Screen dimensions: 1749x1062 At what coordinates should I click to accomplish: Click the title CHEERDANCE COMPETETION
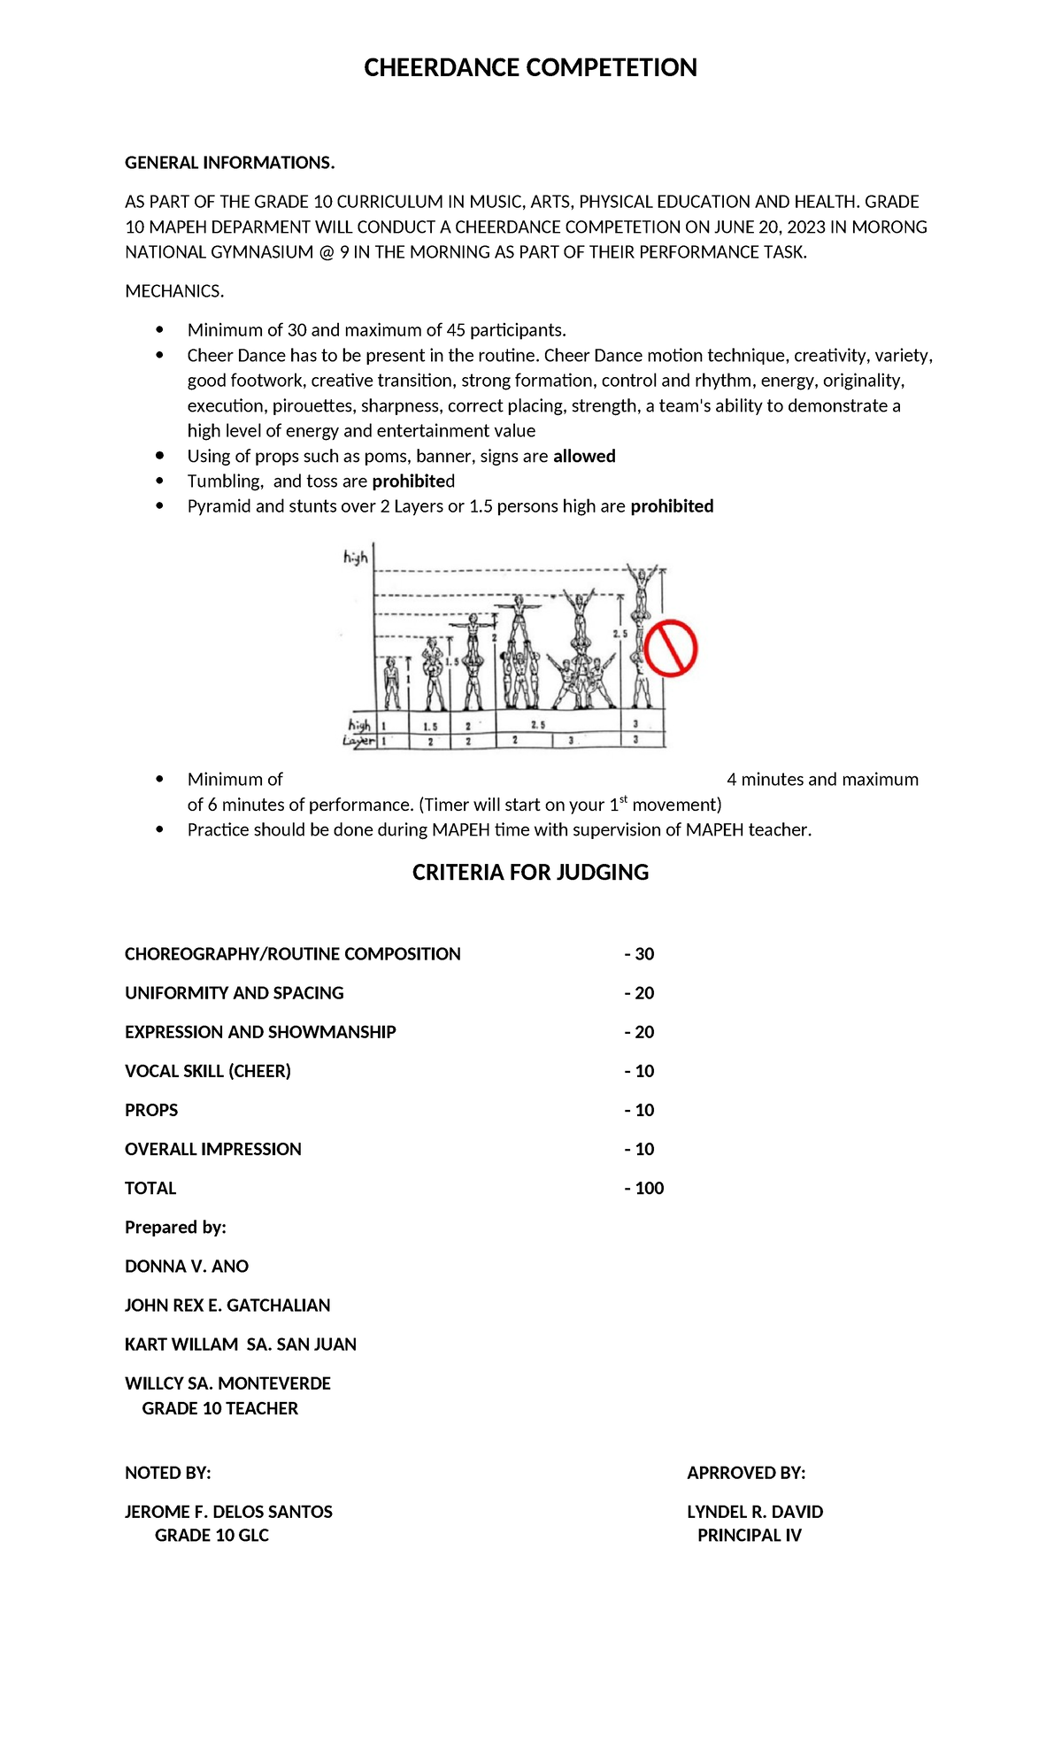(530, 68)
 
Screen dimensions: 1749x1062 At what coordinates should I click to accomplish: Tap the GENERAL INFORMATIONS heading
(229, 163)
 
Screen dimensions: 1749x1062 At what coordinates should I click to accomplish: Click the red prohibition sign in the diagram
(671, 649)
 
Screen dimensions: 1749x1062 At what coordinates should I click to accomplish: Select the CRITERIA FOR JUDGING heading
(530, 873)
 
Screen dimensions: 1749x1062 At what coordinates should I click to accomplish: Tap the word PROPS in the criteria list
(151, 1110)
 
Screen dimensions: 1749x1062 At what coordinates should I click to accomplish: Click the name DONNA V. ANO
(187, 1266)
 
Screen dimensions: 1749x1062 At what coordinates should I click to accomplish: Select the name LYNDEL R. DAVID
(755, 1512)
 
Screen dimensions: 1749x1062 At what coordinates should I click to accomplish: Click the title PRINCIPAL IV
(749, 1535)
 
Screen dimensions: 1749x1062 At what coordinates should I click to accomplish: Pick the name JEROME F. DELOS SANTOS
(228, 1512)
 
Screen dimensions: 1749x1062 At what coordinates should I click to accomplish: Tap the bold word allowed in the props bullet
(584, 456)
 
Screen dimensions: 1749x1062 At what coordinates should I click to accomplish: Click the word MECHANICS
(174, 291)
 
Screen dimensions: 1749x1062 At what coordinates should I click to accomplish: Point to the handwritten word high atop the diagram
(355, 558)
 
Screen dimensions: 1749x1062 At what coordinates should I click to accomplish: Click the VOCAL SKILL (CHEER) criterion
(208, 1071)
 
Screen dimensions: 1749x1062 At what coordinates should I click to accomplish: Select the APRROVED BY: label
(746, 1473)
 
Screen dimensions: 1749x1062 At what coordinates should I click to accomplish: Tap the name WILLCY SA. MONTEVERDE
(227, 1383)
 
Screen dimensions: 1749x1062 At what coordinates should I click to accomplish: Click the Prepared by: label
(175, 1227)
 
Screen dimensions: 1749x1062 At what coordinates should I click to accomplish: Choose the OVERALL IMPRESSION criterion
(213, 1149)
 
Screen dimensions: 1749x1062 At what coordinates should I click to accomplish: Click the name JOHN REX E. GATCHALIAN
(227, 1305)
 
